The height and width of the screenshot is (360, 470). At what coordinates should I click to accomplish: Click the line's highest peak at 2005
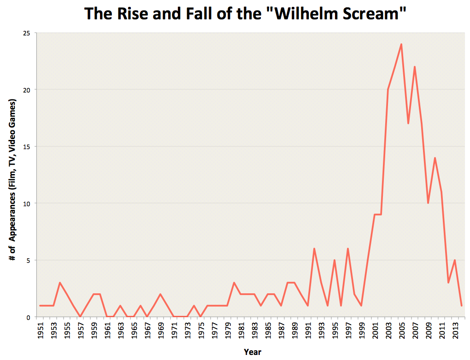click(x=401, y=44)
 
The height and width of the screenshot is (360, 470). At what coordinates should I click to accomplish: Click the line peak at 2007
click(x=415, y=67)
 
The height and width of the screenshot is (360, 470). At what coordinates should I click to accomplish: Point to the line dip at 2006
click(x=408, y=123)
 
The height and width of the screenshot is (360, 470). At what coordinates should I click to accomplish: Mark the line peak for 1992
click(x=314, y=249)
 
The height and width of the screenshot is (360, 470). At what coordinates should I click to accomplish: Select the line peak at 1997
click(x=348, y=249)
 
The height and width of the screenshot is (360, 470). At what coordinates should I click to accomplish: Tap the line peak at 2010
click(x=435, y=158)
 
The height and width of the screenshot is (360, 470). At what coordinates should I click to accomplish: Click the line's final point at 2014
click(x=461, y=306)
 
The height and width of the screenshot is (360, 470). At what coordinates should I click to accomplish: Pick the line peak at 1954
click(x=60, y=283)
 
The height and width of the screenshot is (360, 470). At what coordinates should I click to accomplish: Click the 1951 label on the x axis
click(x=41, y=331)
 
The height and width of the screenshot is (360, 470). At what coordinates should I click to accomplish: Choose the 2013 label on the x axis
click(x=455, y=331)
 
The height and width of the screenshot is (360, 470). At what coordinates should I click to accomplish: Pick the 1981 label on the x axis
click(x=241, y=331)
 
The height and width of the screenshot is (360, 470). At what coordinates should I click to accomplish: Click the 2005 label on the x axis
click(x=402, y=331)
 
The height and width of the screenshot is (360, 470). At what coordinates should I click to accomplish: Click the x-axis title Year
click(x=253, y=352)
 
